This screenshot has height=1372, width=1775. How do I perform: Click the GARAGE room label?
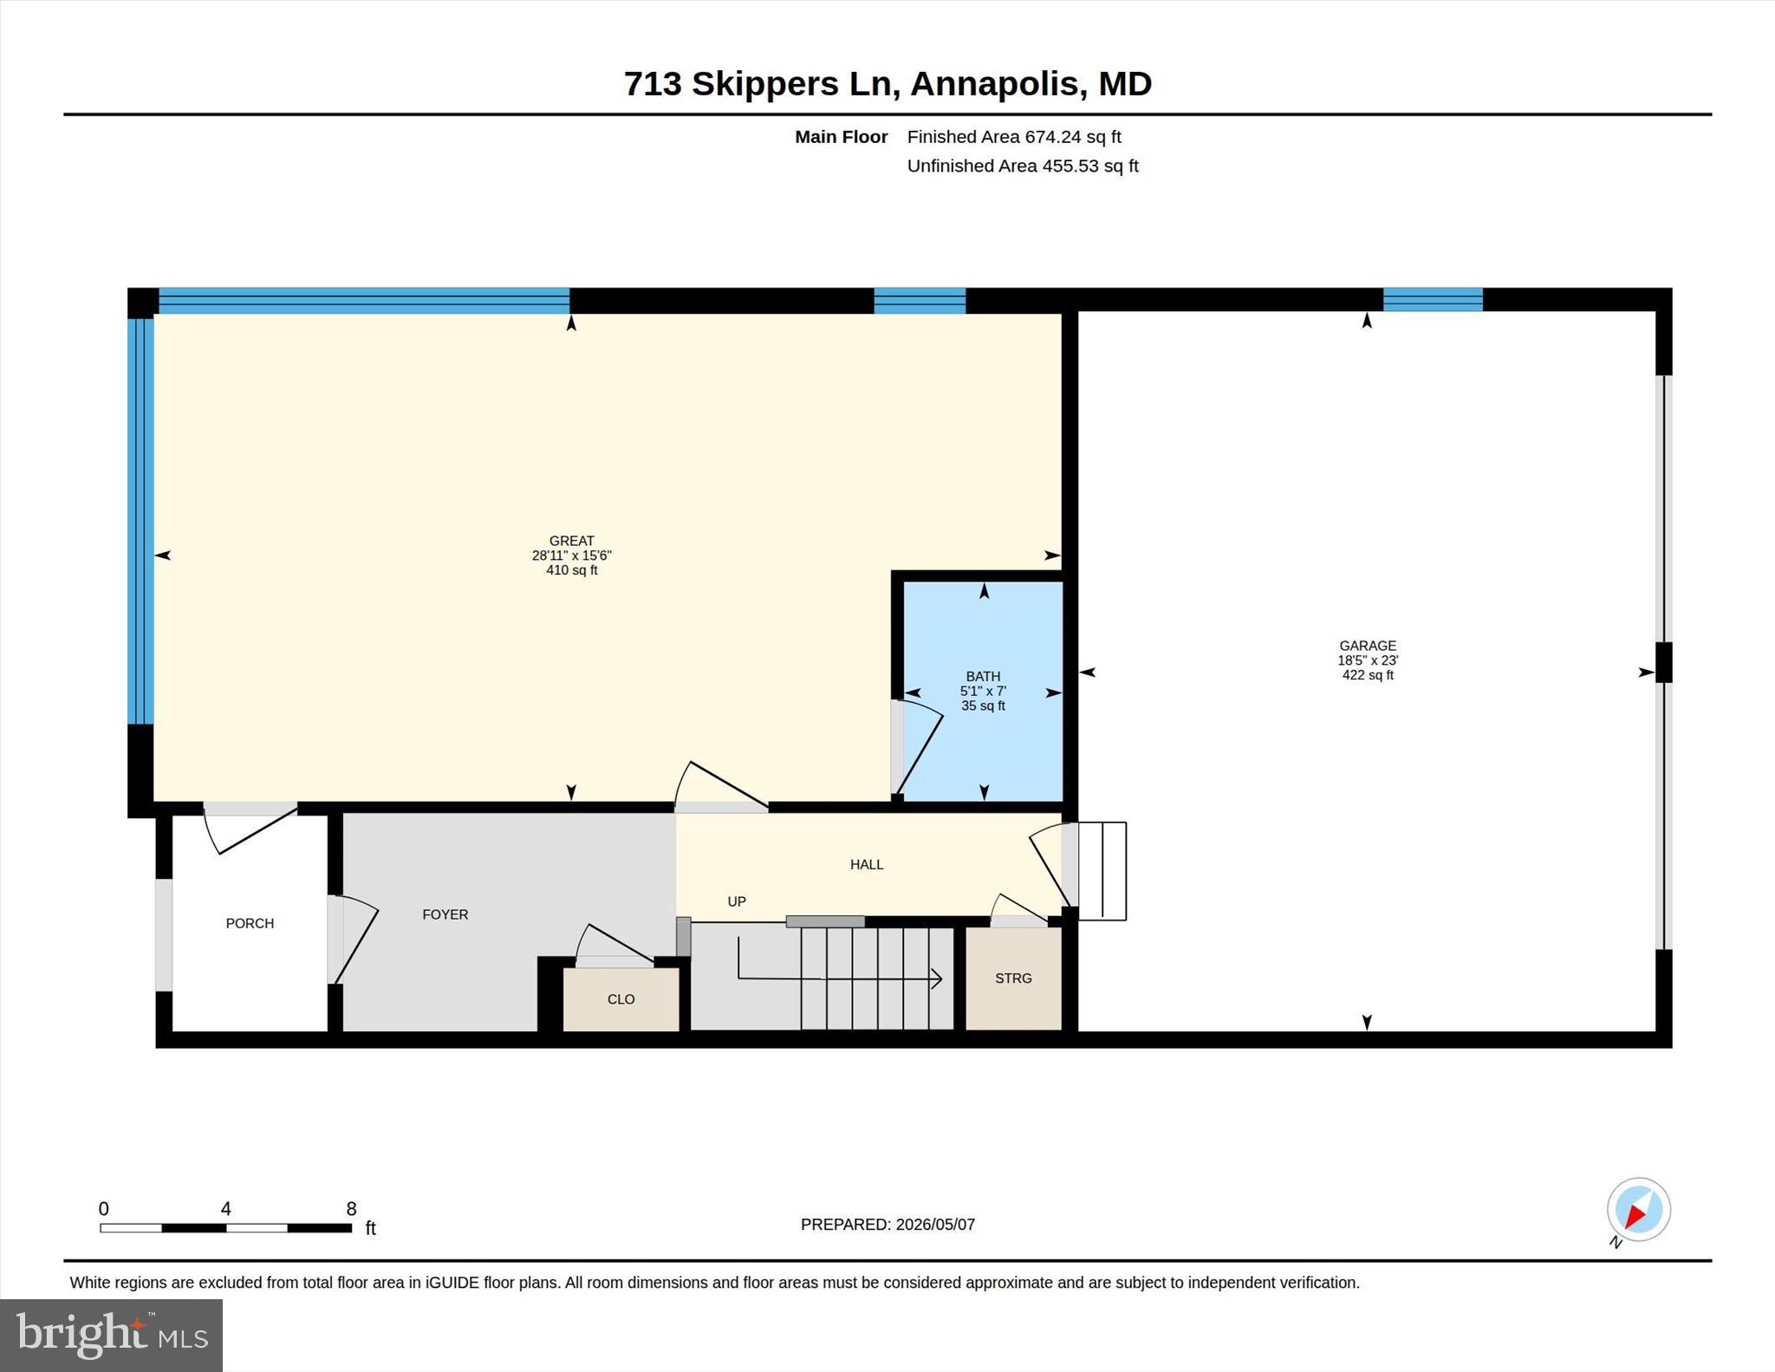click(x=1368, y=646)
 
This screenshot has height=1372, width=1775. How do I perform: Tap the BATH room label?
click(x=983, y=677)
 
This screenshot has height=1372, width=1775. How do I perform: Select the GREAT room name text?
click(x=572, y=541)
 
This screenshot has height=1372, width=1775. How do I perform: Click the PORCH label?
click(x=250, y=924)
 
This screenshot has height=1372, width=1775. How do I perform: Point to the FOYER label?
click(x=445, y=914)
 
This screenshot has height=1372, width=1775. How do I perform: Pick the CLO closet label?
click(x=621, y=999)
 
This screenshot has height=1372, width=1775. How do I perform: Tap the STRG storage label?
click(x=1013, y=979)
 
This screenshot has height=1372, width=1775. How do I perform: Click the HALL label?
click(x=867, y=865)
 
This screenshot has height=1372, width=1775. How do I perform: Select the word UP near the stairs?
click(x=737, y=902)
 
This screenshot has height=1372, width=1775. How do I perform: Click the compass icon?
click(x=1638, y=1210)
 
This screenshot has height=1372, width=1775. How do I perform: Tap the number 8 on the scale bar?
click(x=351, y=1209)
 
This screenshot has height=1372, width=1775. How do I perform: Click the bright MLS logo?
click(x=111, y=1335)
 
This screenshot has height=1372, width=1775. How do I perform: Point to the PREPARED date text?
click(x=887, y=1225)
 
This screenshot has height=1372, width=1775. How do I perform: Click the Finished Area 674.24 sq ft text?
click(x=1014, y=137)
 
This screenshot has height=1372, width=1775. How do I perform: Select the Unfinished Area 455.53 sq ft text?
click(x=1023, y=166)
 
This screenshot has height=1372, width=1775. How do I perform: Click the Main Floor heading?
click(x=842, y=137)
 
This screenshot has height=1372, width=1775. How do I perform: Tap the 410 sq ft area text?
click(x=572, y=570)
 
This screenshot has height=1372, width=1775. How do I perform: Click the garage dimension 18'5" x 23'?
click(x=1368, y=660)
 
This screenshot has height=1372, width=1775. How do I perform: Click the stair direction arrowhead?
click(x=937, y=979)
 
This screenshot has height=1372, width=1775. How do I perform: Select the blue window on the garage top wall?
click(x=1433, y=300)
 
